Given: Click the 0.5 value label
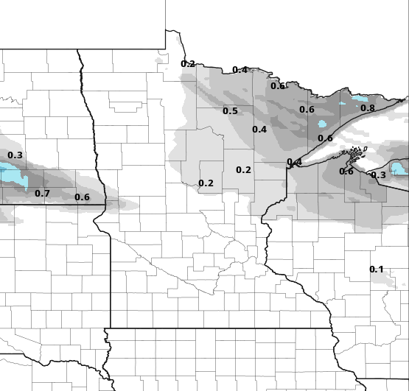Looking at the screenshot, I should click(x=230, y=111).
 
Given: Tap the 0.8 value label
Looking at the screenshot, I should click(x=367, y=108).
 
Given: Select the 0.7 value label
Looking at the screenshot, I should click(x=42, y=194).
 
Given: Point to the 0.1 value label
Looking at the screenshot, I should click(x=376, y=270).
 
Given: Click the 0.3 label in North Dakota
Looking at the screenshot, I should click(x=15, y=155).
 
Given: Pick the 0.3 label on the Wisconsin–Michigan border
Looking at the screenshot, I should click(x=378, y=175).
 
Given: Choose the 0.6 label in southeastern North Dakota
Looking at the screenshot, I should click(x=82, y=197).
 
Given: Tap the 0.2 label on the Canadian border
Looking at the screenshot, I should click(x=188, y=64).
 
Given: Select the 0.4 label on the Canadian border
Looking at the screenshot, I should click(x=240, y=70).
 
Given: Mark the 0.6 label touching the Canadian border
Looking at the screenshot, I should click(x=277, y=86).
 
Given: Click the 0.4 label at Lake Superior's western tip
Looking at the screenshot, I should click(x=294, y=163).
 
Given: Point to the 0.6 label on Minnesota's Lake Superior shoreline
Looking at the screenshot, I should click(x=325, y=138).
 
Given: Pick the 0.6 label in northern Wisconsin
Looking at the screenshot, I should click(x=346, y=172).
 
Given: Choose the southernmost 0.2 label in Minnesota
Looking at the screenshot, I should click(x=206, y=183).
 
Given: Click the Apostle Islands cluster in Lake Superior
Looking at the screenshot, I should click(x=357, y=155).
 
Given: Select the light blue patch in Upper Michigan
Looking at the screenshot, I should click(x=399, y=169).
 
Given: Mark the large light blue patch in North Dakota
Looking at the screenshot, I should click(x=12, y=175).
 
